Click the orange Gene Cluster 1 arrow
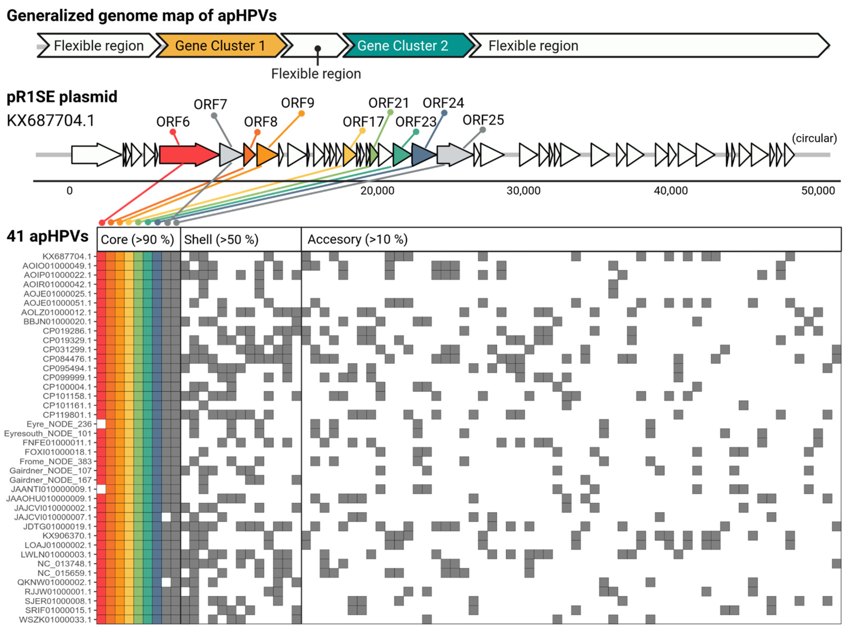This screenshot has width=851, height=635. (220, 45)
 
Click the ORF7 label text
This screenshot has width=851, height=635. (210, 104)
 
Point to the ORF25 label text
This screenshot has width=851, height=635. (483, 120)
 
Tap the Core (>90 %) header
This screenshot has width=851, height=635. (137, 239)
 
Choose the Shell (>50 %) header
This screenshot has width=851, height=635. (221, 239)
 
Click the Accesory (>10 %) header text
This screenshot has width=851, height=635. (357, 239)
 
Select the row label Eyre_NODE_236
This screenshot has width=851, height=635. (59, 424)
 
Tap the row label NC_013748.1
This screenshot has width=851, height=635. (64, 564)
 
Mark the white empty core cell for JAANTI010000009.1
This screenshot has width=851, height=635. (101, 489)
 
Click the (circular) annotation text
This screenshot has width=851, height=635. (814, 138)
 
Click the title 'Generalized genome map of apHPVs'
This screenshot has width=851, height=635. (142, 16)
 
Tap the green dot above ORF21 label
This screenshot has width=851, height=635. (390, 112)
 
